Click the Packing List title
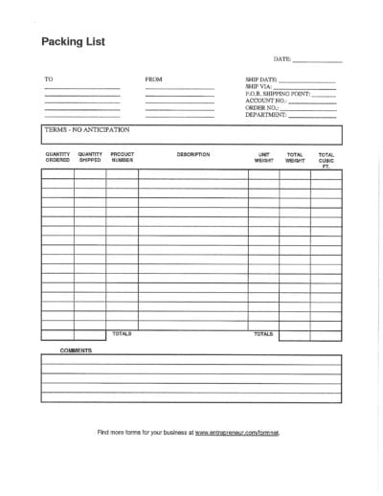coord(73,41)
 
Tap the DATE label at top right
coord(282,59)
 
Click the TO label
coord(48,79)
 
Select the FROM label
coord(154,79)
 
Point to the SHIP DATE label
coord(261,79)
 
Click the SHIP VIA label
coord(259,86)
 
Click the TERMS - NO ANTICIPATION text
coord(87,128)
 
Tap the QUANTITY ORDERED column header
coord(57,156)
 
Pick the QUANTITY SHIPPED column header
coord(90,156)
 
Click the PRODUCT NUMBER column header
coord(122,156)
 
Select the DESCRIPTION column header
coord(193,153)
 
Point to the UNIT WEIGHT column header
coord(263,156)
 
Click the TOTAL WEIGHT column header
coord(295,156)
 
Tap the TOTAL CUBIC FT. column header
coord(327,159)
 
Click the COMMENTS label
coord(76,350)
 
